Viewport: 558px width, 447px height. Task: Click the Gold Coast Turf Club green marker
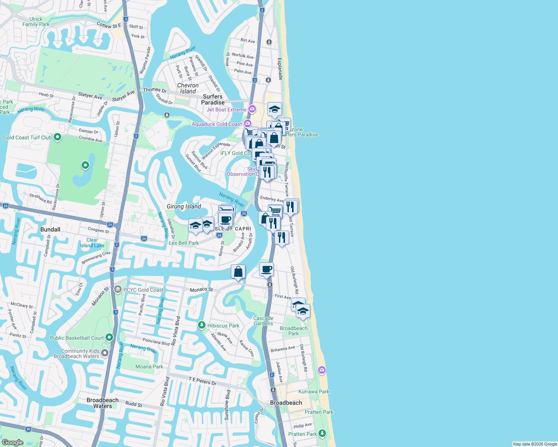point(57,137)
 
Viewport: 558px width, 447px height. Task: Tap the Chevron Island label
point(188,88)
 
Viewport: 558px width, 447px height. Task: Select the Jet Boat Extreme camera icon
point(252,109)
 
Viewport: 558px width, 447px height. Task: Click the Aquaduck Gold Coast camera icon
point(247,124)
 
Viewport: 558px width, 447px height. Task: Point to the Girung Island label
point(184,206)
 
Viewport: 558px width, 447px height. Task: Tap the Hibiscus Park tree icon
point(202,326)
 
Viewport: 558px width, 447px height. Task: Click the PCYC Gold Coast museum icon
point(118,289)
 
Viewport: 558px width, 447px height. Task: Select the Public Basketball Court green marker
point(109,338)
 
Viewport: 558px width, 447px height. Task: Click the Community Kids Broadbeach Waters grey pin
point(105,353)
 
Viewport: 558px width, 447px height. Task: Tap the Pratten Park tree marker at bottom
point(322,434)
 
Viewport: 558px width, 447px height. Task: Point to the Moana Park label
point(149,367)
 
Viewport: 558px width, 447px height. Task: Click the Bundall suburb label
point(50,229)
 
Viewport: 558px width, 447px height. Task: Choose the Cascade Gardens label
point(263,321)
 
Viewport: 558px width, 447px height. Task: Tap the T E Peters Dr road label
point(203,381)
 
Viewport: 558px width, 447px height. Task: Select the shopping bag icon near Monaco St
point(238,272)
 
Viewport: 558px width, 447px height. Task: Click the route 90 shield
point(28,429)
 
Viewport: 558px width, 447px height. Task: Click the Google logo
point(12,442)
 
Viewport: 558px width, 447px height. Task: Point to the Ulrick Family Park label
point(36,22)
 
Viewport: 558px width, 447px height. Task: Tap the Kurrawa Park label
point(314,391)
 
